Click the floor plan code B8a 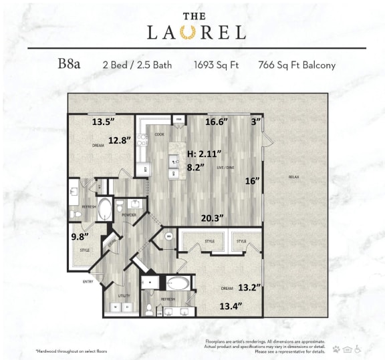(x=70, y=65)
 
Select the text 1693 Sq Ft (x=215, y=65)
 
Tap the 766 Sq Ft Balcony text (x=297, y=65)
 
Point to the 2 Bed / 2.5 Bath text (x=137, y=65)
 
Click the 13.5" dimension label (x=104, y=122)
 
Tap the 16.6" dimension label (x=217, y=122)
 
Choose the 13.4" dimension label (x=231, y=306)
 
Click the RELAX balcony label (x=293, y=177)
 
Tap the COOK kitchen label (x=159, y=135)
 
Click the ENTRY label (x=88, y=281)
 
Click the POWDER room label (x=128, y=214)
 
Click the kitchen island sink (x=173, y=161)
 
